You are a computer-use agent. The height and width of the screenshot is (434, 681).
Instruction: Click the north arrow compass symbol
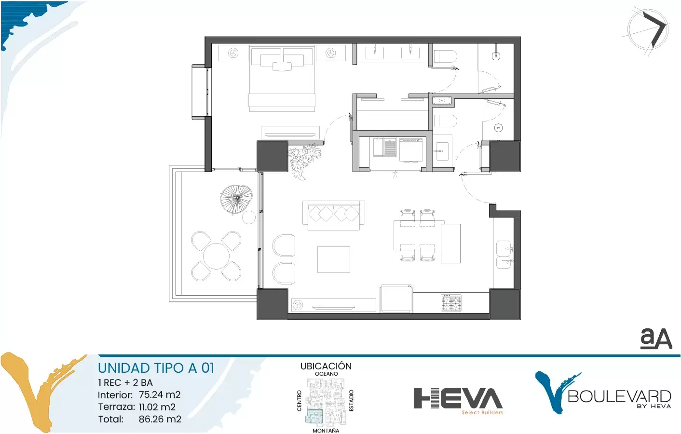(647, 31)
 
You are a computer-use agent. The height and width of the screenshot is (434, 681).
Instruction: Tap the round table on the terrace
(216, 256)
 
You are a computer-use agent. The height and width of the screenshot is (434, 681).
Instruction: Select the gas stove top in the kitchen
(451, 303)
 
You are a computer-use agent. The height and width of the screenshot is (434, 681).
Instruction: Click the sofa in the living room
(334, 216)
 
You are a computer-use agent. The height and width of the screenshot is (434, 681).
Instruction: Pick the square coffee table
(334, 259)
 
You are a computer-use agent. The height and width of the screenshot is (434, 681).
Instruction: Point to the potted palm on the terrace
(236, 199)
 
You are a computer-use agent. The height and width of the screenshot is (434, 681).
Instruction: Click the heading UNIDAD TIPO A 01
(156, 368)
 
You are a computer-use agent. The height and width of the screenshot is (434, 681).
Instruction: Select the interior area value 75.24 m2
(160, 394)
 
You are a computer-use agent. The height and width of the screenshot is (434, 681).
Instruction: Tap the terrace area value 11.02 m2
(157, 407)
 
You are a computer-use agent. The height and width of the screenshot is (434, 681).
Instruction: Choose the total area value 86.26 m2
(160, 419)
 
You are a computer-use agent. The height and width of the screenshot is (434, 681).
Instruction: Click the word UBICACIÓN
(326, 366)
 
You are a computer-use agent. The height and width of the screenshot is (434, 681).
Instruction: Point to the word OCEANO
(327, 374)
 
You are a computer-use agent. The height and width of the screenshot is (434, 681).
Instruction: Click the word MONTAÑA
(326, 430)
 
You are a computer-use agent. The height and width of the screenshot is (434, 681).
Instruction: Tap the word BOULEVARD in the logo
(619, 396)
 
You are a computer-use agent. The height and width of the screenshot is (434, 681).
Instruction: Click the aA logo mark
(656, 338)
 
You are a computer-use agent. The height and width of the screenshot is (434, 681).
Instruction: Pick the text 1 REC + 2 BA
(125, 382)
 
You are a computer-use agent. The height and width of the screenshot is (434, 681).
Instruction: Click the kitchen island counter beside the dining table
(451, 244)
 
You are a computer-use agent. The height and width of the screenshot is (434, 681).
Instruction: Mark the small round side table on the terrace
(249, 217)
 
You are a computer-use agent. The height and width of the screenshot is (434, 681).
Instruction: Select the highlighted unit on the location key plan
(314, 416)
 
